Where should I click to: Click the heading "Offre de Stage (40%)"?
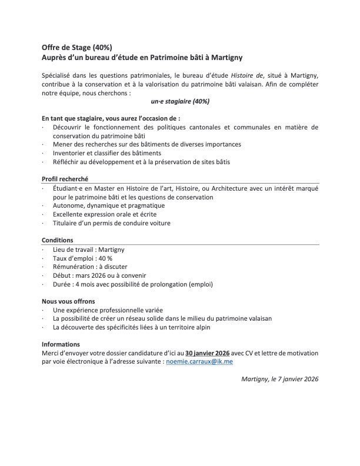(76, 48)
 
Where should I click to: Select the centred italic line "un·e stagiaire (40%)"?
(180, 101)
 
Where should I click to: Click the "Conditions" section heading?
(58, 240)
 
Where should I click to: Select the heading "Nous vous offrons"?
(68, 301)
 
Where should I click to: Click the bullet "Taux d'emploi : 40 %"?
(82, 258)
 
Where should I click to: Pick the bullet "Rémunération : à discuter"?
(89, 267)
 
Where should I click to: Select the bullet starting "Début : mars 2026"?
(99, 275)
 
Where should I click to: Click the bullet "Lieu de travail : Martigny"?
(88, 249)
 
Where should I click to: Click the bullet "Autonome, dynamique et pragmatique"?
(108, 205)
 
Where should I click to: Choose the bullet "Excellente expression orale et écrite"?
(109, 214)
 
